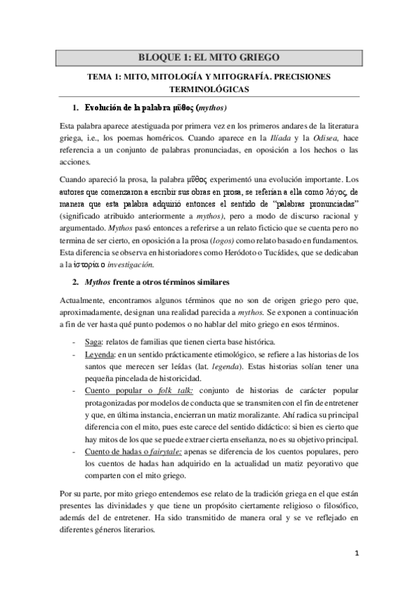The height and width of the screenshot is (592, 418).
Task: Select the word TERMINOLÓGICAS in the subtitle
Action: pyautogui.click(x=209, y=89)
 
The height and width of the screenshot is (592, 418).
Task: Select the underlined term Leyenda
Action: pyautogui.click(x=99, y=354)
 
